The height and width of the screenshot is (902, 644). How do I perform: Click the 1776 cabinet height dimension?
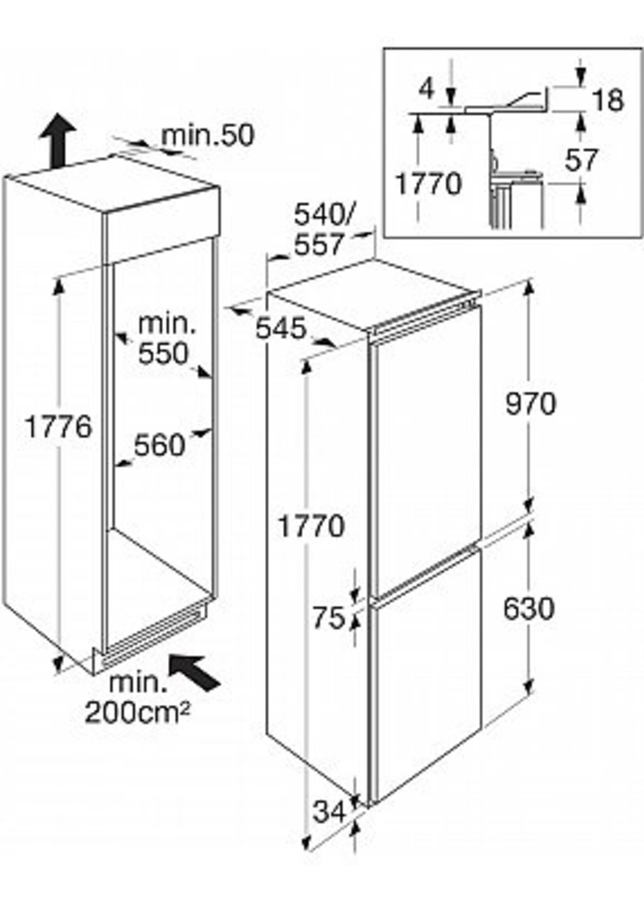[58, 427]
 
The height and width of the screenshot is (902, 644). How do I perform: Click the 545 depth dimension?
[281, 328]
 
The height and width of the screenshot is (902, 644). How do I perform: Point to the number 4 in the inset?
[427, 90]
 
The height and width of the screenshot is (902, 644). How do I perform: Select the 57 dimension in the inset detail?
[581, 160]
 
